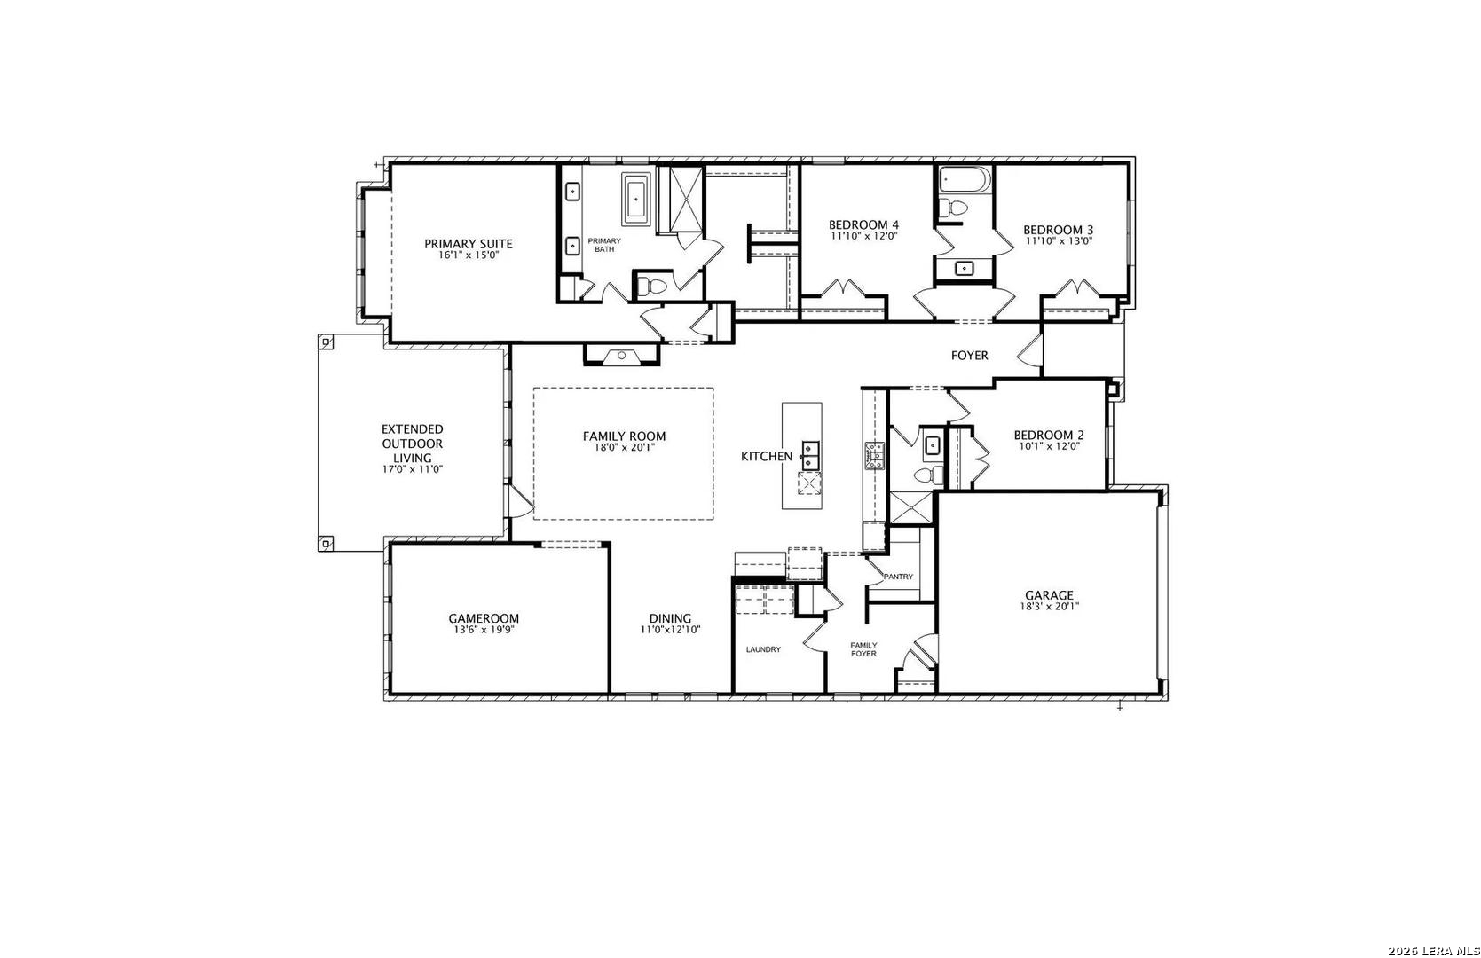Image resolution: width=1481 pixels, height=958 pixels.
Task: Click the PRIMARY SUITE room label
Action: pyautogui.click(x=469, y=244)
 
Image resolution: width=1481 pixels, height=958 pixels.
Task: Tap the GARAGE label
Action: pyautogui.click(x=1049, y=595)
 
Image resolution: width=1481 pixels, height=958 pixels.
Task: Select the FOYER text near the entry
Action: pyautogui.click(x=969, y=356)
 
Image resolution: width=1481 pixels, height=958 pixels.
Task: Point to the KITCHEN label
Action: pyautogui.click(x=767, y=456)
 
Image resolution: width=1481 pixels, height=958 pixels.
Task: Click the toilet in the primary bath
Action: pyautogui.click(x=652, y=287)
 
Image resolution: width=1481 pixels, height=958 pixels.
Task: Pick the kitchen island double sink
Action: pyautogui.click(x=810, y=456)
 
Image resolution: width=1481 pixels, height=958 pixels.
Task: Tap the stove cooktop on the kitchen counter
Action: pyautogui.click(x=874, y=456)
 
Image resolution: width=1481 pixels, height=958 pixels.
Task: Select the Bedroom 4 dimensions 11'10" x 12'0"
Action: pyautogui.click(x=863, y=235)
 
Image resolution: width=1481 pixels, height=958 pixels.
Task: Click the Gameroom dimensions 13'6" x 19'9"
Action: pyautogui.click(x=484, y=630)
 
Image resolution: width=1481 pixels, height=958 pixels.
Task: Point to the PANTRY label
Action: pyautogui.click(x=899, y=577)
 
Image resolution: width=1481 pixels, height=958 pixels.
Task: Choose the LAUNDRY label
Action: pyautogui.click(x=763, y=649)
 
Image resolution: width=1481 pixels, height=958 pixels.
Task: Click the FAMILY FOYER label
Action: pyautogui.click(x=863, y=649)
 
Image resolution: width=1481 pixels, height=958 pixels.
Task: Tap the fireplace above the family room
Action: pyautogui.click(x=621, y=356)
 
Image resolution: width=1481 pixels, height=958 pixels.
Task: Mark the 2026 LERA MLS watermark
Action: pyautogui.click(x=1433, y=951)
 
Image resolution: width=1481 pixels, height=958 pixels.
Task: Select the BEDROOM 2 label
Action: pyautogui.click(x=1049, y=435)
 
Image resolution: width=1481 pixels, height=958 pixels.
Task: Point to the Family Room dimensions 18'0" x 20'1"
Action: pyautogui.click(x=624, y=447)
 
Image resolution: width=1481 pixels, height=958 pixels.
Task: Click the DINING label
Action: pyautogui.click(x=670, y=619)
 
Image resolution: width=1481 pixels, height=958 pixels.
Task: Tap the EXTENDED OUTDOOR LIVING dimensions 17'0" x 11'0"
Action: pyautogui.click(x=412, y=469)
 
